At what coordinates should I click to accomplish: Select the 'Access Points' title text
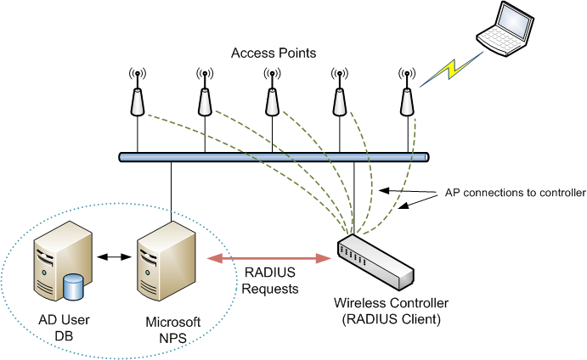[x=274, y=53]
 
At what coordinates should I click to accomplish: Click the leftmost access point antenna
[x=137, y=98]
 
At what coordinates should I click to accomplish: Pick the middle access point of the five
[x=272, y=98]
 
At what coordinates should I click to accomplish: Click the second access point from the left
[x=205, y=98]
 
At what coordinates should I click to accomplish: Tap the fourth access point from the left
[x=340, y=98]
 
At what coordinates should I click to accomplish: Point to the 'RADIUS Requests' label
[x=271, y=281]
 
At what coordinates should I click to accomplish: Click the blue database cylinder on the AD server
[x=75, y=286]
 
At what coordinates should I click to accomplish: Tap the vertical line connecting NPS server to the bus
[x=172, y=190]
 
